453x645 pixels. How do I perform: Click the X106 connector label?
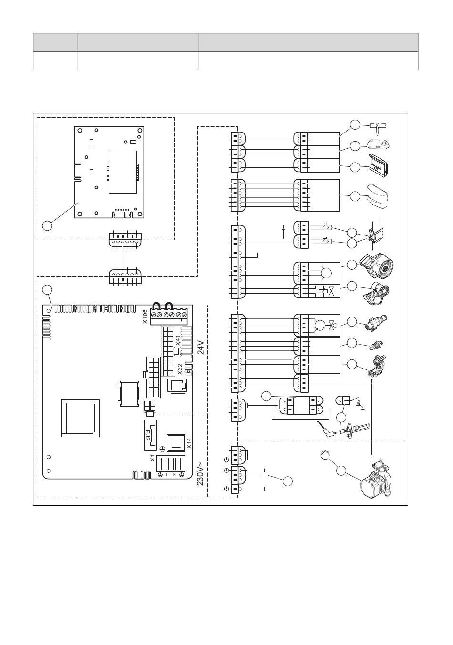pyautogui.click(x=145, y=316)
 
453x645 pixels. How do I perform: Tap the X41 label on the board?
pyautogui.click(x=178, y=340)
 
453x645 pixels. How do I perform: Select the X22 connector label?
pyautogui.click(x=180, y=369)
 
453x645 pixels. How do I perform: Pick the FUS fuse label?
pyautogui.click(x=147, y=435)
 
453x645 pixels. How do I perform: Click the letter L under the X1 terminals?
pyautogui.click(x=167, y=475)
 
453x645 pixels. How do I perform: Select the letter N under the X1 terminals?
pyautogui.click(x=174, y=475)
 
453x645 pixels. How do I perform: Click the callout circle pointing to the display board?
pyautogui.click(x=47, y=225)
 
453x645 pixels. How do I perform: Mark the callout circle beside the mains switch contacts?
pyautogui.click(x=288, y=481)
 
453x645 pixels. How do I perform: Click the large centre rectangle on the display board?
pyautogui.click(x=123, y=172)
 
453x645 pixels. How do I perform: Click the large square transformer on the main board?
pyautogui.click(x=80, y=418)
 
